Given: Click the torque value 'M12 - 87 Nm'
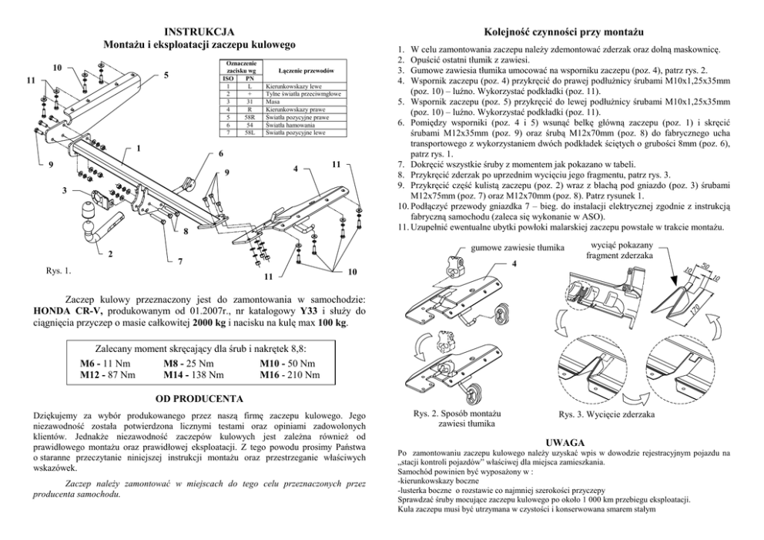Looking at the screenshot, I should point(108,375).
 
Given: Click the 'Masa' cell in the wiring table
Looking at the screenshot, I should point(272,101).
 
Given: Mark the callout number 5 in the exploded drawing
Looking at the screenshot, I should point(166,75).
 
